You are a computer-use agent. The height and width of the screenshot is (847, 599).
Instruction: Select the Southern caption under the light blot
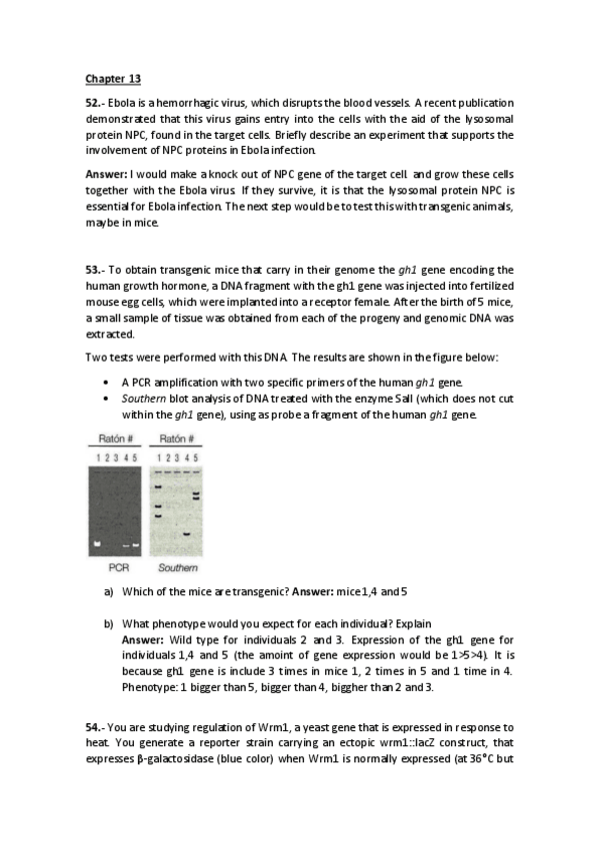tap(177, 567)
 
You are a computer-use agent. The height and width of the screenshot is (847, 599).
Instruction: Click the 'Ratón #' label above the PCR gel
tap(116, 439)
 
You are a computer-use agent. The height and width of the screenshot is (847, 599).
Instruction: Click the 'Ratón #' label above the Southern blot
tap(176, 439)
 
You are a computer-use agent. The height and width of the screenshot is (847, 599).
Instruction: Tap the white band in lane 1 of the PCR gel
tap(98, 543)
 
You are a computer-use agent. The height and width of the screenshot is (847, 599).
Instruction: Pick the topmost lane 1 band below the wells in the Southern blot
tap(158, 487)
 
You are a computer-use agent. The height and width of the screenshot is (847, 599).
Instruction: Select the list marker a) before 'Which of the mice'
tap(109, 591)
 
